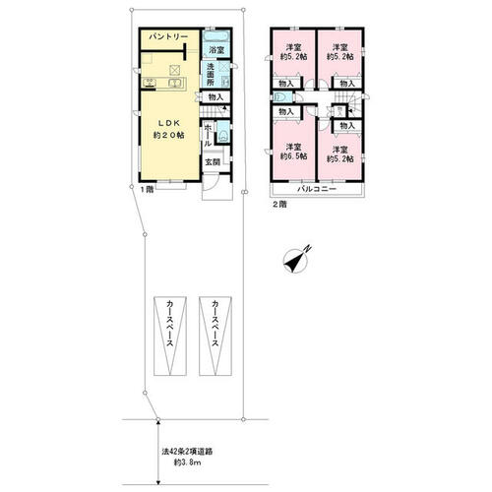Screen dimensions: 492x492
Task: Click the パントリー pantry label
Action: [x=168, y=36]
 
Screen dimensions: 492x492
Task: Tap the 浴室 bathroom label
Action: [x=216, y=50]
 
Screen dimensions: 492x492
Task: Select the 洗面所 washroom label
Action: [x=211, y=75]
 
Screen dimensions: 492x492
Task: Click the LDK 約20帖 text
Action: [x=169, y=129]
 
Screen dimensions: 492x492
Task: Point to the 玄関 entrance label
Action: [x=213, y=162]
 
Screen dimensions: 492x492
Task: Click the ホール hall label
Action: [x=208, y=135]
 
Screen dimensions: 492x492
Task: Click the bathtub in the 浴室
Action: [x=216, y=35]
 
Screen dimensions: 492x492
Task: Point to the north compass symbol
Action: [x=296, y=260]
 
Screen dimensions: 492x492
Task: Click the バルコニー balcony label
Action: [x=317, y=189]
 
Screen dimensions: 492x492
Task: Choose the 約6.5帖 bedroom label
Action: [x=293, y=156]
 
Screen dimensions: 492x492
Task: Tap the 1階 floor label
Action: [x=147, y=190]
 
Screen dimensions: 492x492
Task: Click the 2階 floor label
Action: [x=280, y=205]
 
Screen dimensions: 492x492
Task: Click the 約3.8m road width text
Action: [x=187, y=462]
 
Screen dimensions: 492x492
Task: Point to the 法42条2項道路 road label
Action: [x=187, y=452]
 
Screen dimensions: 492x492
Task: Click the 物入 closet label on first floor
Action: [x=215, y=97]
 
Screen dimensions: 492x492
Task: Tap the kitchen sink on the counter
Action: [x=175, y=83]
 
